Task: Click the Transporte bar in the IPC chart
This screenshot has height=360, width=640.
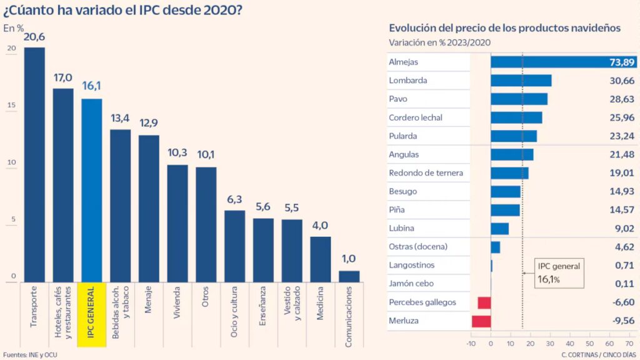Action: (34, 164)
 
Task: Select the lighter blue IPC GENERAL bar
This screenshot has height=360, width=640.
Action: (92, 190)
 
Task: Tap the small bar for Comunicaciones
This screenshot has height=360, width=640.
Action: (349, 276)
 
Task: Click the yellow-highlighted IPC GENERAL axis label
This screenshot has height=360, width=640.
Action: (92, 315)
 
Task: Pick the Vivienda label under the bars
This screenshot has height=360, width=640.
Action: (178, 304)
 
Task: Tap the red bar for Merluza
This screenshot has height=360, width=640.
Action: (481, 321)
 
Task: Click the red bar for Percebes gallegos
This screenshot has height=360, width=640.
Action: (484, 302)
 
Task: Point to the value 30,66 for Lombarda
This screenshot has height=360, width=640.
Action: (604, 81)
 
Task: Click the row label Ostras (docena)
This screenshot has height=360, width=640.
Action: (418, 247)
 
